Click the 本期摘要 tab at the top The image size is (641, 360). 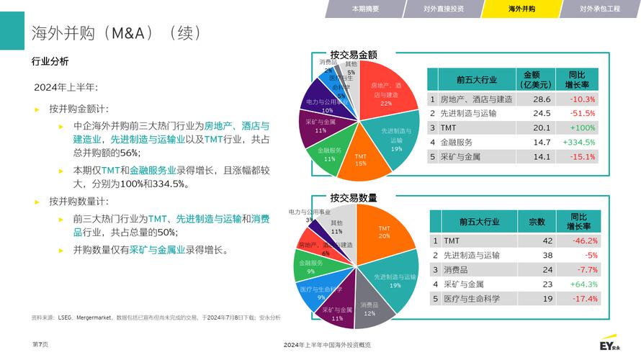click(x=365, y=9)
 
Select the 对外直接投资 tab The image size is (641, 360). click(x=444, y=9)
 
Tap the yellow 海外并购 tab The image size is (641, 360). click(x=522, y=9)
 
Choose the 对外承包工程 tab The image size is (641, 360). click(x=600, y=9)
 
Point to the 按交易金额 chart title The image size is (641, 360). click(x=354, y=55)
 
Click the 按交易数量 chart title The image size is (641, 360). click(x=354, y=198)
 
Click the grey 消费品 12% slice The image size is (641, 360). click(x=369, y=309)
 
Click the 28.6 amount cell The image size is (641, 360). click(x=542, y=99)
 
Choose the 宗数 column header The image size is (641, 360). click(x=537, y=222)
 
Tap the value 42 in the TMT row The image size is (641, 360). click(x=547, y=240)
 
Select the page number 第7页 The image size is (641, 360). click(x=40, y=345)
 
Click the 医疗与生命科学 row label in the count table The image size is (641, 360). click(x=472, y=299)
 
